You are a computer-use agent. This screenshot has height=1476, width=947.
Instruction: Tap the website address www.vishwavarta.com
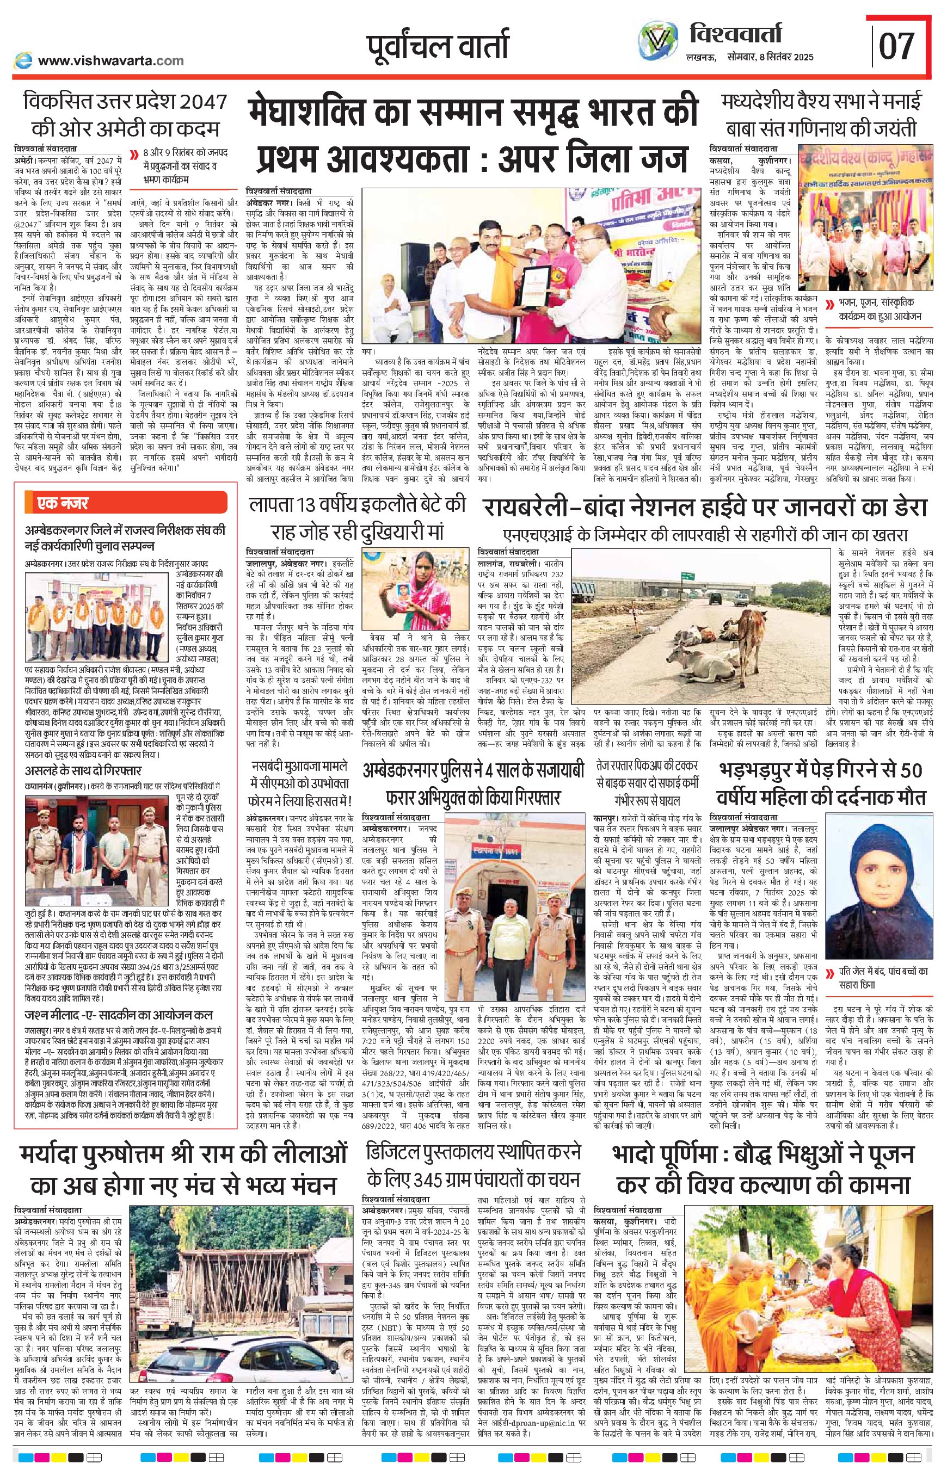pyautogui.click(x=110, y=60)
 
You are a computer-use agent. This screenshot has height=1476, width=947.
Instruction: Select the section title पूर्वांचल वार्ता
pyautogui.click(x=437, y=46)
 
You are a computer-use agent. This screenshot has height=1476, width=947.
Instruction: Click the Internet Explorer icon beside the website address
pyautogui.click(x=24, y=60)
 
